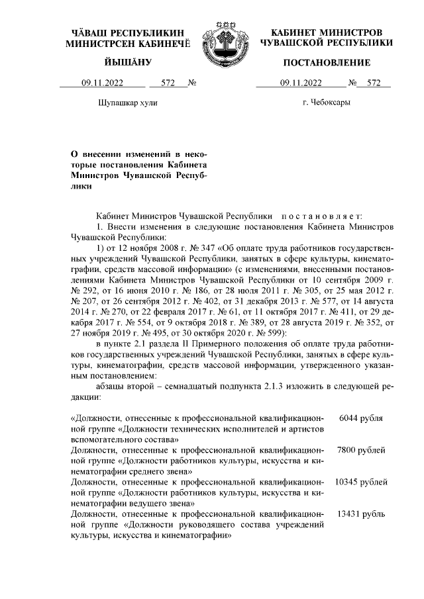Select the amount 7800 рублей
[361, 450]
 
